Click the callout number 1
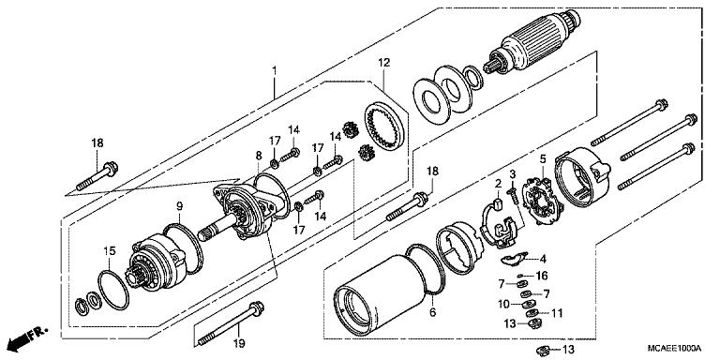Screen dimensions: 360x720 point(274,70)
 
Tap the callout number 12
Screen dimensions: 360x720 point(383,63)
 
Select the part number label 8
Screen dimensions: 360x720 point(259,155)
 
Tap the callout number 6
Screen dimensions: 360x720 point(431,312)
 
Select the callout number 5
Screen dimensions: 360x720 point(541,159)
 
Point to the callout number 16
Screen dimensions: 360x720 point(541,276)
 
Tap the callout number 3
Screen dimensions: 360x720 point(513,174)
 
